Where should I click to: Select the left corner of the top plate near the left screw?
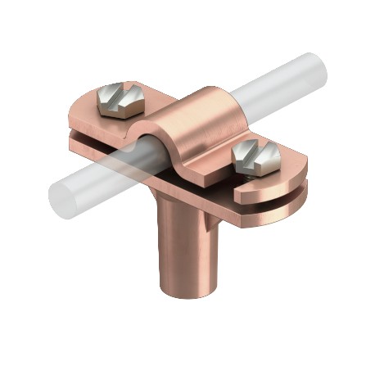pyautogui.click(x=75, y=123)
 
